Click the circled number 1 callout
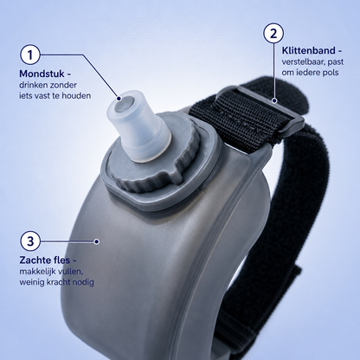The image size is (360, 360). coord(30,55)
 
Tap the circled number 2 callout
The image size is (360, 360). coord(273,33)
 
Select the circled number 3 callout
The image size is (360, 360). coord(30,241)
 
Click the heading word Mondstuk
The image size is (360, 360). coord(42,74)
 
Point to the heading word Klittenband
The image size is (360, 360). coord(308,51)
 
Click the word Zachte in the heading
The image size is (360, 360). coord(32,260)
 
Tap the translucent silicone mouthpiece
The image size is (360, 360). coord(138,126)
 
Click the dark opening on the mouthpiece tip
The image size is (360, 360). coord(124,105)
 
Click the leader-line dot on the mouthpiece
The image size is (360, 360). coord(119,99)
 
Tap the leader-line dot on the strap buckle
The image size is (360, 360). coord(275,100)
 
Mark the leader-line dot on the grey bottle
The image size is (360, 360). coord(97,241)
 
